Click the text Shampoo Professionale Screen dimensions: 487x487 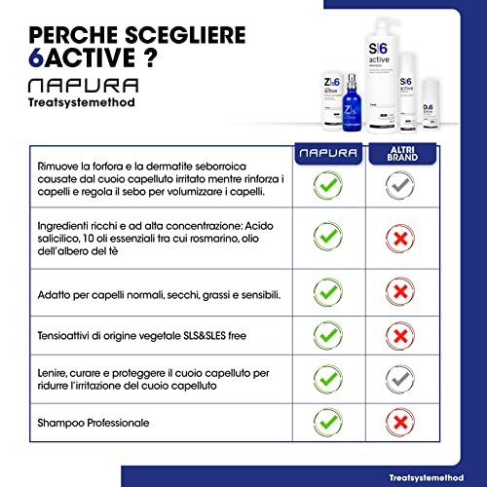(94, 423)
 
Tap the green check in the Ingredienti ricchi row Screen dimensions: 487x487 (326, 236)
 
